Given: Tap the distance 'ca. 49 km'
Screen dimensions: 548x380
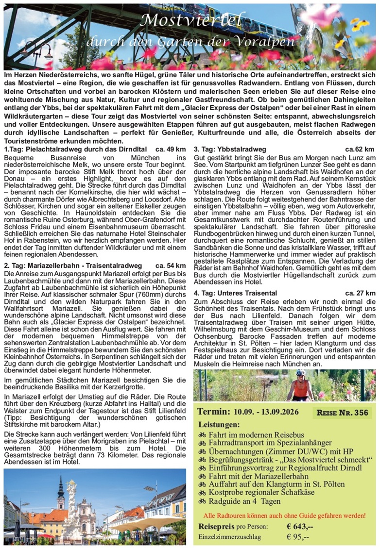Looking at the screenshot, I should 171,150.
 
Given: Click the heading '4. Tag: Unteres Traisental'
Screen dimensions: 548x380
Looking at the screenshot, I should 235,293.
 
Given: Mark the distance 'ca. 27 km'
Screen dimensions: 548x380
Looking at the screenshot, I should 359,293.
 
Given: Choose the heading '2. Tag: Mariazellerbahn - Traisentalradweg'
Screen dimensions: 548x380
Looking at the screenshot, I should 73,266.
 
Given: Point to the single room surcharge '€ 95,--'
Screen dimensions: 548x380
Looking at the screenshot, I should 298,537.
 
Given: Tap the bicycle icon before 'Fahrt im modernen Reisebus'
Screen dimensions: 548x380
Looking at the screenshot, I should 202,434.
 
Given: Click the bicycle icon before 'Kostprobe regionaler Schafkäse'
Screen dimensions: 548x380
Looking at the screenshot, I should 202,492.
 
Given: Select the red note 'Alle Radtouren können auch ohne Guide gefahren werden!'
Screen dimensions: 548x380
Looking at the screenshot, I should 284,515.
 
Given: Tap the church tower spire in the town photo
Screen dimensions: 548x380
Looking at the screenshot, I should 61,485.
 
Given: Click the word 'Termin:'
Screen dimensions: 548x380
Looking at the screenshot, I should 213,412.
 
